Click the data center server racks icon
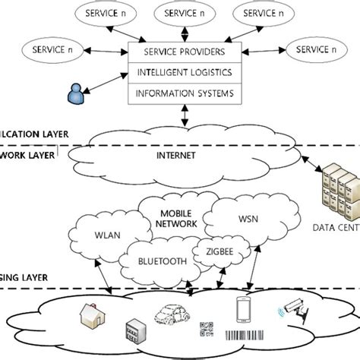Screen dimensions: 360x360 (337, 191)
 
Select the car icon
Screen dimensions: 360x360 (172, 313)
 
